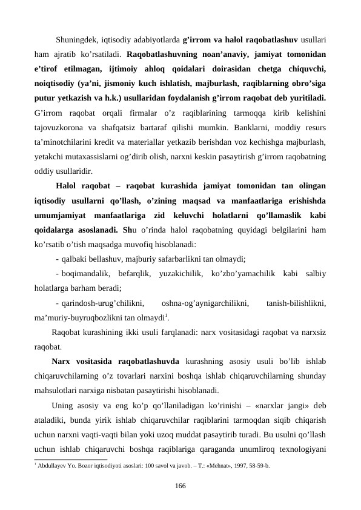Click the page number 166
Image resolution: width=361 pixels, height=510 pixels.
click(180, 486)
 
